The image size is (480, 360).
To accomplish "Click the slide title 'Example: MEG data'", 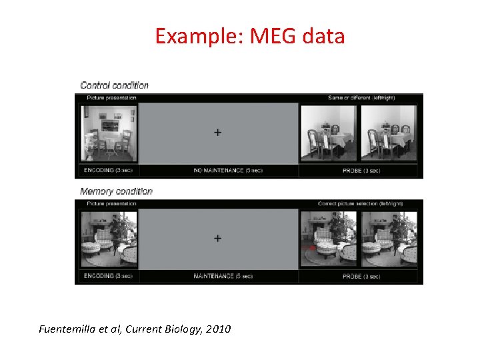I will tap(250, 35).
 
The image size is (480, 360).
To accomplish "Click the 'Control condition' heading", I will tap(114, 85).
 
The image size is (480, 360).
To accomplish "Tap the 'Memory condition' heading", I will tap(116, 191).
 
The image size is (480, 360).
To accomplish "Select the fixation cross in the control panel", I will tap(217, 133).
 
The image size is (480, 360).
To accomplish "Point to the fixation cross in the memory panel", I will tap(217, 238).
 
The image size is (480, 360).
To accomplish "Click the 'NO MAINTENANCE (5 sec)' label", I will tap(228, 171).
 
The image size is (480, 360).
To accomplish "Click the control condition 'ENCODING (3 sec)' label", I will tap(109, 171).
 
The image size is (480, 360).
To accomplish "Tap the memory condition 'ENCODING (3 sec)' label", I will tap(109, 276).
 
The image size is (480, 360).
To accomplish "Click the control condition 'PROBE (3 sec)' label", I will tap(361, 171).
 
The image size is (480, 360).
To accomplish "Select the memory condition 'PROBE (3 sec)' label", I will tap(361, 276).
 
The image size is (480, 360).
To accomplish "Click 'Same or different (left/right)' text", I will tap(361, 98).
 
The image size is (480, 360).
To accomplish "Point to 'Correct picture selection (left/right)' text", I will tap(361, 203).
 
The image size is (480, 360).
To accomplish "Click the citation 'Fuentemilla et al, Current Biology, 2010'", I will tap(135, 329).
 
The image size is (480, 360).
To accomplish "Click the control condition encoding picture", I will tap(109, 133).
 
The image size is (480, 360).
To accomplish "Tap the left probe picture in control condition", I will tap(328, 133).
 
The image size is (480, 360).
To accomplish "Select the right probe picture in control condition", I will tap(389, 133).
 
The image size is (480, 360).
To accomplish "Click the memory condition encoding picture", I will tap(109, 239).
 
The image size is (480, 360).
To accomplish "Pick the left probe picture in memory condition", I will tap(328, 239).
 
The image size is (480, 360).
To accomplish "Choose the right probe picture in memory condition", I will tap(389, 239).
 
